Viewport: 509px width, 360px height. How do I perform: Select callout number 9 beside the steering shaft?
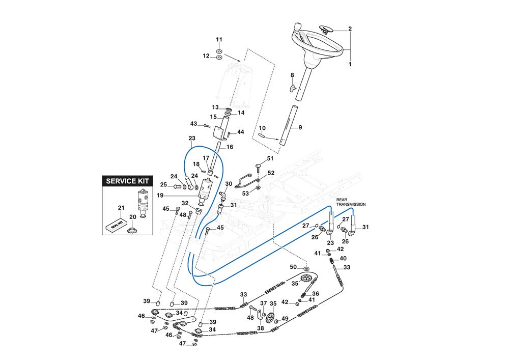click(x=300, y=127)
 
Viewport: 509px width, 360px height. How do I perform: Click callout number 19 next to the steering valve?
click(x=189, y=195)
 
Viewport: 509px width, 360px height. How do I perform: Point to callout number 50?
click(x=293, y=267)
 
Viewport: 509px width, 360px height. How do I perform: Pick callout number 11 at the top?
click(x=219, y=40)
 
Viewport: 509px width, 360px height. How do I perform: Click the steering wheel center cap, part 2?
click(x=324, y=30)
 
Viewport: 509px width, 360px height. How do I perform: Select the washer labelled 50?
click(x=306, y=268)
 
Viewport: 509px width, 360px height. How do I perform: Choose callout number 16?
click(x=230, y=147)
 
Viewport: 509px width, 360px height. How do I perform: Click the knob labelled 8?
click(x=292, y=88)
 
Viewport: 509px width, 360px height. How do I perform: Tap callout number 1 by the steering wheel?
click(x=350, y=65)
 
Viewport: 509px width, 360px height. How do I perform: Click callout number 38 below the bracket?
click(x=260, y=328)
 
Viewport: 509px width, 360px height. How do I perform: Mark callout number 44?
click(x=240, y=132)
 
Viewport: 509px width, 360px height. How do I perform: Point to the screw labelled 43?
click(x=206, y=125)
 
